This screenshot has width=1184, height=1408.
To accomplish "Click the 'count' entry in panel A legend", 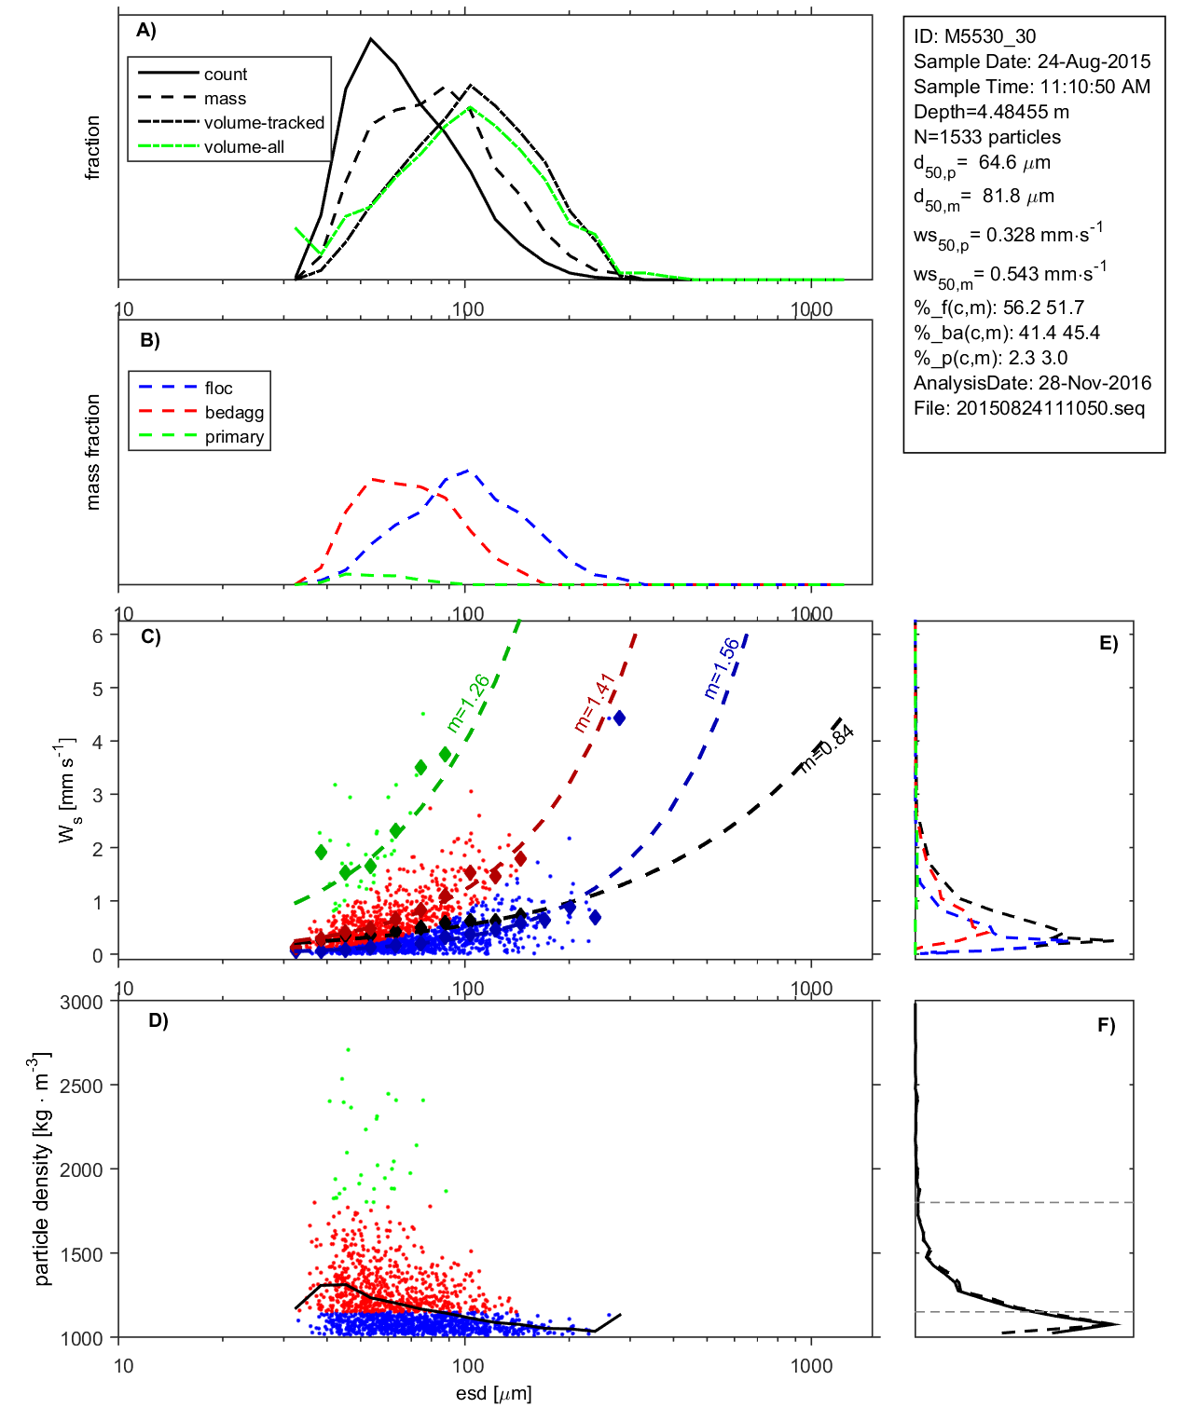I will (226, 75).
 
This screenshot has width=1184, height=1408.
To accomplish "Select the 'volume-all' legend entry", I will (243, 147).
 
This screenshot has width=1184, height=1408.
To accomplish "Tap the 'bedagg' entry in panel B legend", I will (234, 413).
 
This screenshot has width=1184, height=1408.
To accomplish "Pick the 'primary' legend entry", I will (234, 437).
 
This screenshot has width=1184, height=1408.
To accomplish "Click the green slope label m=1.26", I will (468, 703).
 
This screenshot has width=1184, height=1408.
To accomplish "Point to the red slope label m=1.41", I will (594, 702).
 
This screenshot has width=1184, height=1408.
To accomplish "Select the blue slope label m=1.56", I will (722, 667).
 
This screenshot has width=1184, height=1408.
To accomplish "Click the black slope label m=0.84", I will (826, 748).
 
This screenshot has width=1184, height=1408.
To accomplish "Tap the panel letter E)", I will (1108, 643).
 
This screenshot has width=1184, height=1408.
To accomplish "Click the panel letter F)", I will (1106, 1025).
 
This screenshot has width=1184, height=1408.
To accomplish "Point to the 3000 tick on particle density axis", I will (81, 1003).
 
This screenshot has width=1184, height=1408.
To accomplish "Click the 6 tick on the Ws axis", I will (97, 636).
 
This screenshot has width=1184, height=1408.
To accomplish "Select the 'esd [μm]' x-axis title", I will (493, 1393).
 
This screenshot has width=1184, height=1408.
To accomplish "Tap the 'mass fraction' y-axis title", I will (92, 452).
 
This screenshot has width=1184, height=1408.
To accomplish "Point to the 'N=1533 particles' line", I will (986, 137).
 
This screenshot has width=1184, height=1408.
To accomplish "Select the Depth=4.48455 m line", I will (991, 112).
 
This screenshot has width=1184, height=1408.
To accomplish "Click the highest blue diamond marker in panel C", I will (618, 718).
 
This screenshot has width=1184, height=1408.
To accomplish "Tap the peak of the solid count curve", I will (371, 39).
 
